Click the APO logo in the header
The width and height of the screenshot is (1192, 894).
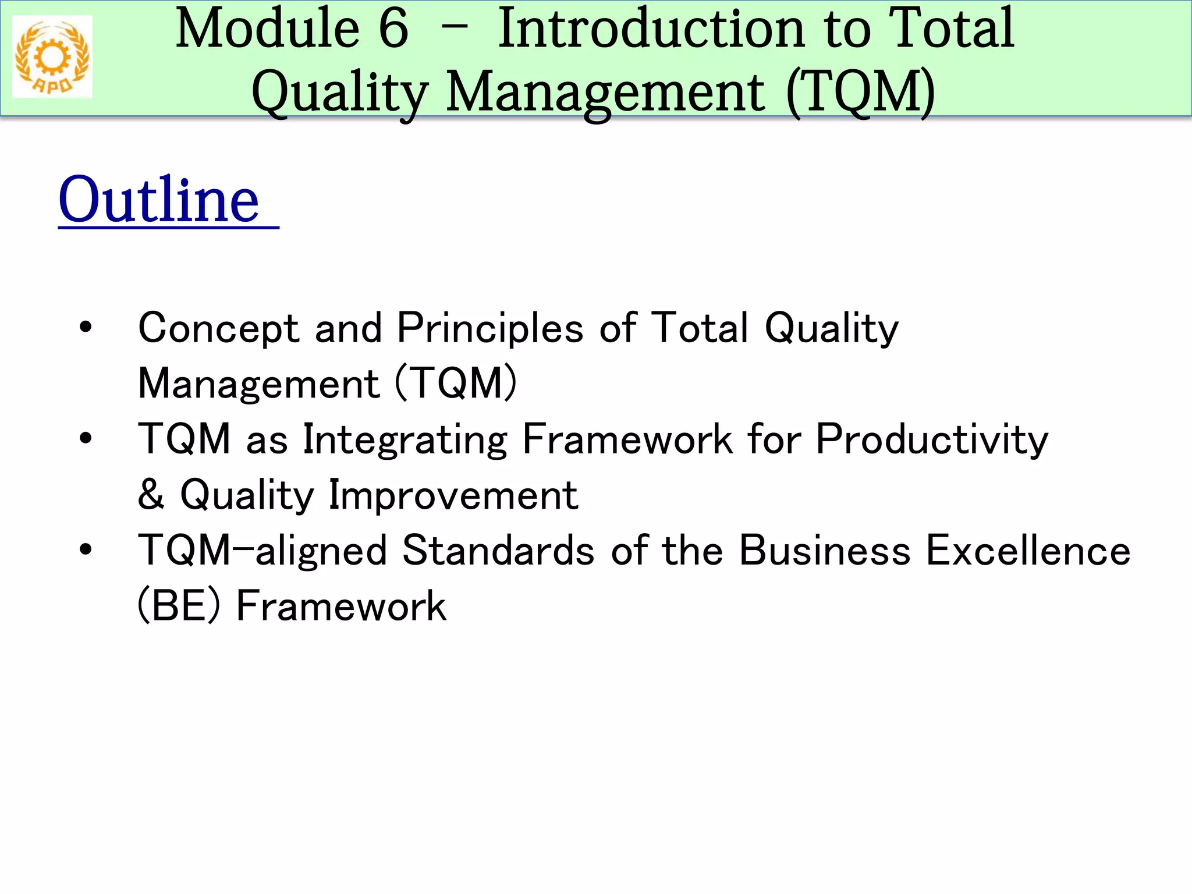point(52,56)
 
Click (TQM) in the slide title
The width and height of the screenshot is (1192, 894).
point(860,92)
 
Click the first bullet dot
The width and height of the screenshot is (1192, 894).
point(86,327)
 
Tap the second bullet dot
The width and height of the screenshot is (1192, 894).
point(86,438)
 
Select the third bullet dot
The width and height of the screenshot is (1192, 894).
point(86,549)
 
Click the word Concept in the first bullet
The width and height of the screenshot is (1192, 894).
point(218,328)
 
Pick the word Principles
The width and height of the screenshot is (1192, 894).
point(490,328)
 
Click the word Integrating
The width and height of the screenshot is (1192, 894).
point(405,440)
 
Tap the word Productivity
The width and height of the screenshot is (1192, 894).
point(931,440)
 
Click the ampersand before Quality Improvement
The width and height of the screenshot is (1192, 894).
point(151,494)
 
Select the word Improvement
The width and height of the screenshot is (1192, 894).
point(453,495)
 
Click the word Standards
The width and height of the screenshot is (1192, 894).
point(498,551)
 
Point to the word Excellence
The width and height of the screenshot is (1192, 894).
point(1028,551)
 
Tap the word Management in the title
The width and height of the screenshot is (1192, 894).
point(605,92)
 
